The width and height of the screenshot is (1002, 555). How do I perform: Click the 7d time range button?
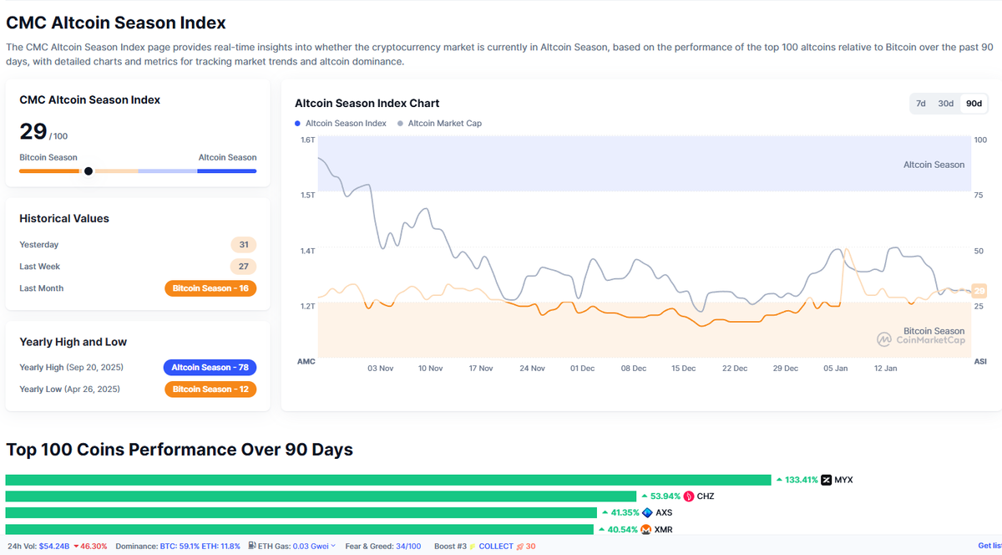(x=921, y=104)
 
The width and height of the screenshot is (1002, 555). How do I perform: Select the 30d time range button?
(x=945, y=104)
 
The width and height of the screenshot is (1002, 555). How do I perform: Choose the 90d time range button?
(x=974, y=104)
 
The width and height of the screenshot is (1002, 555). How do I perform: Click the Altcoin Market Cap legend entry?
(x=444, y=123)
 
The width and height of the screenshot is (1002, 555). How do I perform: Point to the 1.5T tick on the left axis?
(x=308, y=195)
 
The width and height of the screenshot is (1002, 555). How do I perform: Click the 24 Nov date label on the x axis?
(x=532, y=368)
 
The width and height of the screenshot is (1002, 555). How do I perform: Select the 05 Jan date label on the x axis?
(x=835, y=368)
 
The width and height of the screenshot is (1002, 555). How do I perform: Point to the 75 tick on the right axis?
(x=979, y=195)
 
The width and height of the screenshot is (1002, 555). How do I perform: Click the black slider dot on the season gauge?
(x=89, y=171)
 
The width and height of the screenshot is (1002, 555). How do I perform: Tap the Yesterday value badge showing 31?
(x=244, y=245)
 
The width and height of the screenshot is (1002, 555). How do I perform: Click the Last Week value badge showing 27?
(x=244, y=267)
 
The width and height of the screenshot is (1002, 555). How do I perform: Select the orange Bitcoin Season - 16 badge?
(x=210, y=288)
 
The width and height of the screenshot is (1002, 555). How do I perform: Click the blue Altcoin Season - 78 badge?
(x=210, y=368)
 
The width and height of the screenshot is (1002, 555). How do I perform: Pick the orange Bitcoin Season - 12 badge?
(x=210, y=390)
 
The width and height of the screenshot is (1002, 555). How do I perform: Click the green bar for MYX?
(x=387, y=480)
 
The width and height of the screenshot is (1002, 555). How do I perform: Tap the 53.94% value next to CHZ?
(x=665, y=496)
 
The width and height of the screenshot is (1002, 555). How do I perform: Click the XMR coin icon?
(x=645, y=529)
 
